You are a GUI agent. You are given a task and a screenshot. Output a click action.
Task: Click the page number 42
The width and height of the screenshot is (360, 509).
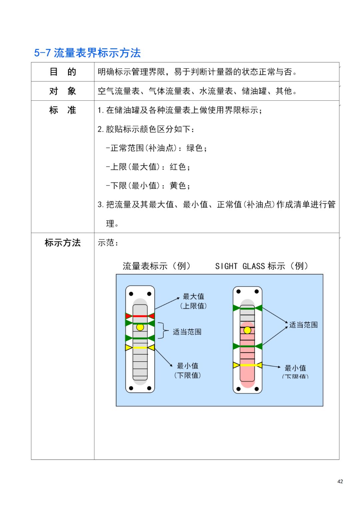pyautogui.click(x=340, y=481)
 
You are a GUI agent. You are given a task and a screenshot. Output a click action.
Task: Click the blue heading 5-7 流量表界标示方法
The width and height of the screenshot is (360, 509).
pyautogui.click(x=87, y=53)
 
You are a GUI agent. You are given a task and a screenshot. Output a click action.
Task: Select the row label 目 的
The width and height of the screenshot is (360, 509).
pyautogui.click(x=63, y=72)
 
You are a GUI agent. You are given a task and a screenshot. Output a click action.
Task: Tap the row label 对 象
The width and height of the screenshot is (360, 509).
pyautogui.click(x=63, y=91)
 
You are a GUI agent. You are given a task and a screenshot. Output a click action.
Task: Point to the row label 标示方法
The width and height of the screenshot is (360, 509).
pyautogui.click(x=63, y=243)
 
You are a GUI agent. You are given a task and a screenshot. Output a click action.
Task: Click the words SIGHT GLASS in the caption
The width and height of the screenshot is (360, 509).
pyautogui.click(x=240, y=266)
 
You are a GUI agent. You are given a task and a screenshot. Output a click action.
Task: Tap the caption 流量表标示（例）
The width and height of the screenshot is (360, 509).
pyautogui.click(x=157, y=266)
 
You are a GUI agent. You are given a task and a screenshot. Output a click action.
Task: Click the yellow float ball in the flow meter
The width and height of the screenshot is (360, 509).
pyautogui.click(x=140, y=327)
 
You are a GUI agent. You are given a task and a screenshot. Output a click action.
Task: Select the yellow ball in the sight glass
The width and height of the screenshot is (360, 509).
pyautogui.click(x=247, y=330)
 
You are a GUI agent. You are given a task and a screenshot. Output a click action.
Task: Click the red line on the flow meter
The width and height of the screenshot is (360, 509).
pyautogui.click(x=140, y=316)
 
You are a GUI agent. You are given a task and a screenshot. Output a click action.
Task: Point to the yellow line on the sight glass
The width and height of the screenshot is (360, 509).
pyautogui.click(x=247, y=365)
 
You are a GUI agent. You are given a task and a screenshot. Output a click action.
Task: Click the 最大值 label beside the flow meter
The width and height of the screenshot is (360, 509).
pyautogui.click(x=193, y=296)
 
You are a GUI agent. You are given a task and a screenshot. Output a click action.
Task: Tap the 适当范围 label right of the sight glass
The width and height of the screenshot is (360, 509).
pyautogui.click(x=303, y=325)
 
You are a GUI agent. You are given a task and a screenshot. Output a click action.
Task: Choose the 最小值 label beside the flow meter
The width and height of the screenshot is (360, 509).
pyautogui.click(x=187, y=366)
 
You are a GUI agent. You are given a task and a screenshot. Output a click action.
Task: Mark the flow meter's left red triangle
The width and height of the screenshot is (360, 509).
pyautogui.click(x=128, y=316)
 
